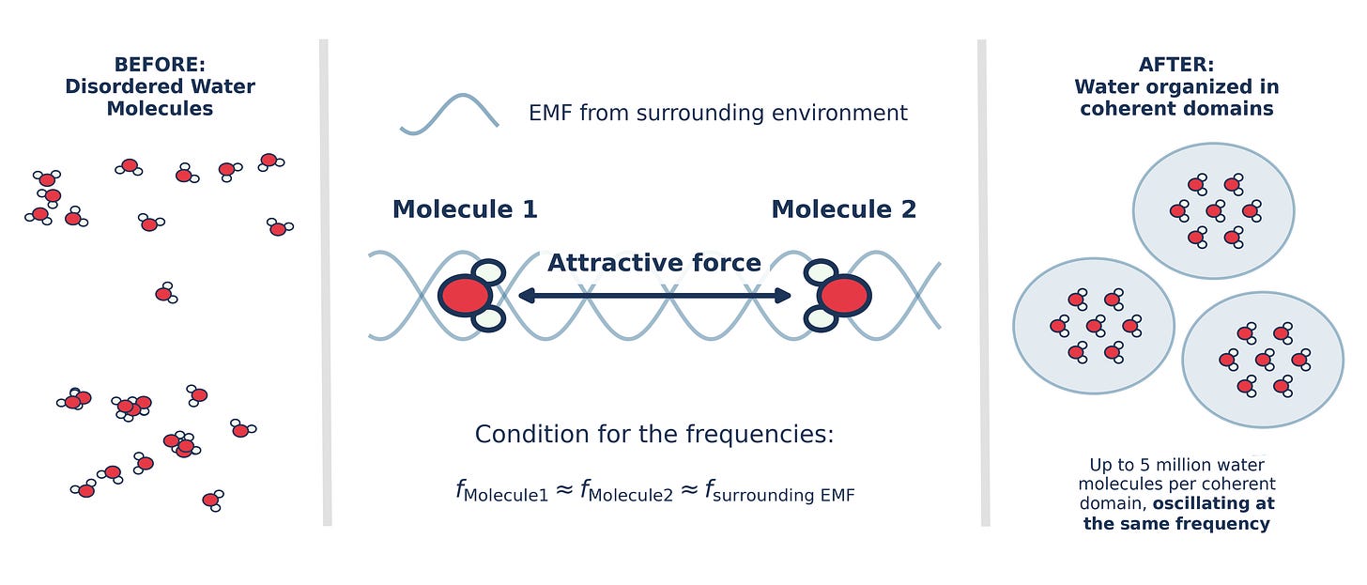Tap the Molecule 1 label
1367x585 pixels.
[x=465, y=209]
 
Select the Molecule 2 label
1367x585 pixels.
[x=843, y=209]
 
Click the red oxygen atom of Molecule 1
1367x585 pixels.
[x=466, y=296]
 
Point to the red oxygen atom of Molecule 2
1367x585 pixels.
[x=844, y=296]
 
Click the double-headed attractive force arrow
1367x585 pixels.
[x=654, y=296]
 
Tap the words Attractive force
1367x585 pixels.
[x=653, y=263]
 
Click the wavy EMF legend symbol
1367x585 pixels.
[x=449, y=115]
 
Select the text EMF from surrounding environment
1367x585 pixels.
[x=718, y=114]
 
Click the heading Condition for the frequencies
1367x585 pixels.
[x=654, y=435]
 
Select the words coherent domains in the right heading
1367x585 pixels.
[x=1176, y=108]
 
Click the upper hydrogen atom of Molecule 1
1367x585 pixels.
[x=487, y=273]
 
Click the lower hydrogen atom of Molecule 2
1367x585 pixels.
[x=821, y=319]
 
